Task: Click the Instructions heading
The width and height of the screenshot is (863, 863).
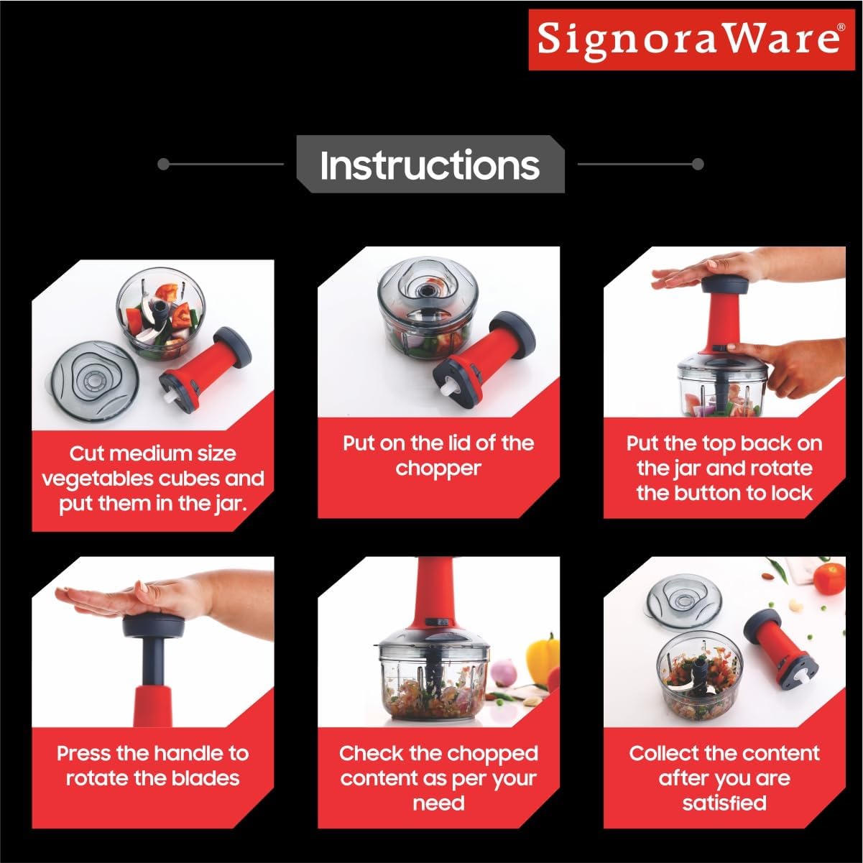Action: click(430, 165)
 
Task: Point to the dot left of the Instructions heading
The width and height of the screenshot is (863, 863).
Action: click(163, 165)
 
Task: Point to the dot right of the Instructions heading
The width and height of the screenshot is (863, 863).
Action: click(697, 165)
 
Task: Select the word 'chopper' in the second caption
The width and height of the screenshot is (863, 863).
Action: click(438, 469)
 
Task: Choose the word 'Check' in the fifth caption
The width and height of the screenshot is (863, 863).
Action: click(371, 754)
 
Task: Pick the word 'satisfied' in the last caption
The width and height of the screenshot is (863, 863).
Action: click(724, 803)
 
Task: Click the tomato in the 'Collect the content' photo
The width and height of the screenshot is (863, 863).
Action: click(829, 578)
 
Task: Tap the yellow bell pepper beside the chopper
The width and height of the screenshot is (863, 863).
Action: click(543, 655)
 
